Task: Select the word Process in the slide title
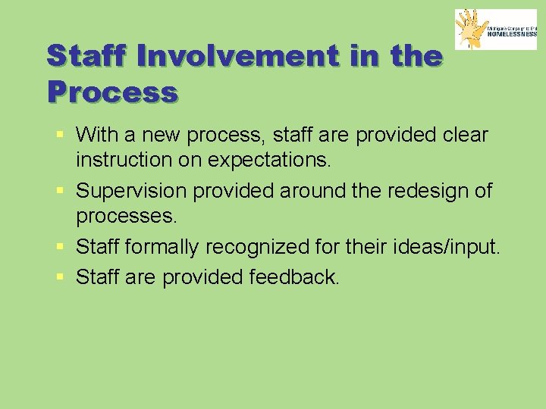pyautogui.click(x=111, y=92)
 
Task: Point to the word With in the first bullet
pyautogui.click(x=97, y=135)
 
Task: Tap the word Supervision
pyautogui.click(x=132, y=190)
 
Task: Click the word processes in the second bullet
pyautogui.click(x=126, y=217)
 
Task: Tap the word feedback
pyautogui.click(x=294, y=277)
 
